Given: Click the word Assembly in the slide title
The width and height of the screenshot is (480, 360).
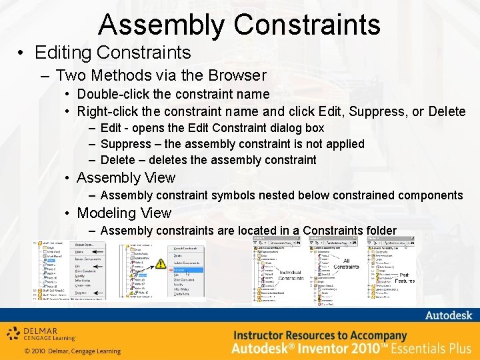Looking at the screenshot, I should pyautogui.click(x=162, y=25).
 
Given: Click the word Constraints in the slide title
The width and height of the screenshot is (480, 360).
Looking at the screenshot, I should pyautogui.click(x=307, y=25).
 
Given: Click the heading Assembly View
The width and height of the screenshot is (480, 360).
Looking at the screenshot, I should pyautogui.click(x=126, y=178).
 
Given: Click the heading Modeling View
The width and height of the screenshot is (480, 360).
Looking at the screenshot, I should pyautogui.click(x=124, y=213).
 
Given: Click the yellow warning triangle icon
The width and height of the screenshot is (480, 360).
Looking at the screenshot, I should pyautogui.click(x=161, y=264).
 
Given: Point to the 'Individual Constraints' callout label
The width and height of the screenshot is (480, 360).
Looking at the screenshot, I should pyautogui.click(x=291, y=275).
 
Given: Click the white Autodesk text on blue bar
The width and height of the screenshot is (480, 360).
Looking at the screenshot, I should pyautogui.click(x=448, y=315).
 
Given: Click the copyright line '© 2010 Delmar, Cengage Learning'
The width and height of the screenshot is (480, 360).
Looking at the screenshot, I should pyautogui.click(x=72, y=351).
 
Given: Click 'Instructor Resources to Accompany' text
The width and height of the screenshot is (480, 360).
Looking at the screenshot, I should pyautogui.click(x=319, y=336).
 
